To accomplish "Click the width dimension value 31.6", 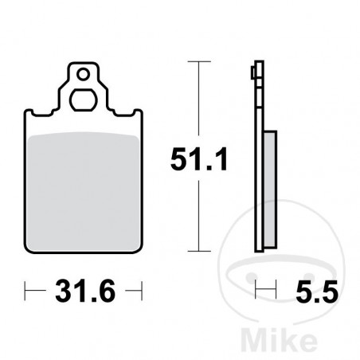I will pyautogui.click(x=84, y=290).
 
